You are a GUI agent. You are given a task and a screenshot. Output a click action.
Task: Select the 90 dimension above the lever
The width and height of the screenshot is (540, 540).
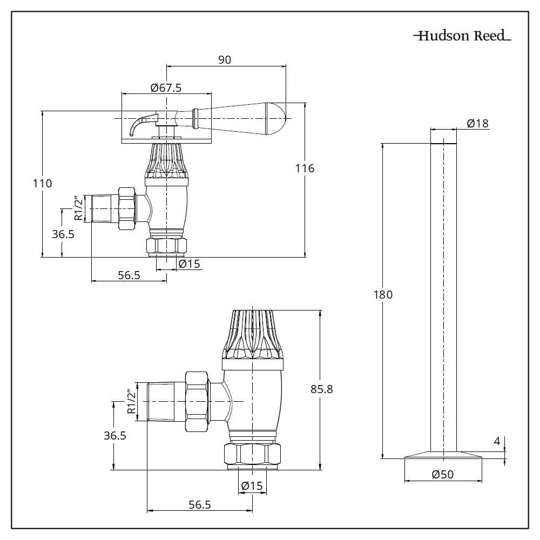click(225, 60)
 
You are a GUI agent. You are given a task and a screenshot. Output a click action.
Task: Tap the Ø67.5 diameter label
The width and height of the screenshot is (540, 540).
click(166, 87)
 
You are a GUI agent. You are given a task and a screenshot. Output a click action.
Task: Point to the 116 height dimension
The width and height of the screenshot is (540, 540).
click(305, 168)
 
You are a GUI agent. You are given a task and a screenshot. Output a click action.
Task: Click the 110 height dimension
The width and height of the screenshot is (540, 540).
click(42, 184)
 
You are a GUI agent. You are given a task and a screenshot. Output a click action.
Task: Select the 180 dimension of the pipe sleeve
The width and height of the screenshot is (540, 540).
click(383, 295)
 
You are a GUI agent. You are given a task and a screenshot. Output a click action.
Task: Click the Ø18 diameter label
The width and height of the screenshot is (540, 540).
click(477, 124)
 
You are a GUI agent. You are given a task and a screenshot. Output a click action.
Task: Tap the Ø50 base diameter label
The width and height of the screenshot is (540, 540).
click(443, 475)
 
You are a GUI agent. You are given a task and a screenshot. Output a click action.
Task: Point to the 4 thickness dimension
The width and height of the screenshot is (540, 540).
click(497, 441)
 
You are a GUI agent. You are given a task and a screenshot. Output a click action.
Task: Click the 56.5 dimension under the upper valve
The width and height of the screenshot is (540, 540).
click(129, 275)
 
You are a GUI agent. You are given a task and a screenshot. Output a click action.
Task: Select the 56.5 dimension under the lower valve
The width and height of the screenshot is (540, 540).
click(199, 504)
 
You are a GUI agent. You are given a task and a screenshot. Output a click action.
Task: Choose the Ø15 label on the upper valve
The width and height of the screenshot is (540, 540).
click(189, 264)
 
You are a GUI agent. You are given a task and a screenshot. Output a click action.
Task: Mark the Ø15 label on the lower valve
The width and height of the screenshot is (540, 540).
click(252, 485)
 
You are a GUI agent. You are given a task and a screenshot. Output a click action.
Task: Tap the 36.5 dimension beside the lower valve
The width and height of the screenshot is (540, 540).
click(115, 436)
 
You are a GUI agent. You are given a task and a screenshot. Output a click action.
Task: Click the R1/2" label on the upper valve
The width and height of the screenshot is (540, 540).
click(79, 208)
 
